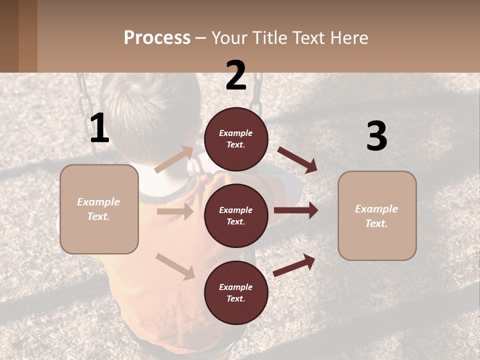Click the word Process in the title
click(x=157, y=38)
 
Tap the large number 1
click(x=99, y=128)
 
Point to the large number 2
click(x=236, y=75)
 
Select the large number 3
click(x=376, y=136)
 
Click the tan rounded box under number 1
click(x=99, y=209)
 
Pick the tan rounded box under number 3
click(x=377, y=215)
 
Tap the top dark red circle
click(x=236, y=138)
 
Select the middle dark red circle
click(x=236, y=215)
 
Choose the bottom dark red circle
click(x=236, y=292)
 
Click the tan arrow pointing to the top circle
click(x=174, y=159)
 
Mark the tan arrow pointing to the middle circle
click(x=175, y=211)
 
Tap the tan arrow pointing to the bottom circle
click(x=175, y=266)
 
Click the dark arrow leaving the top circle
click(x=297, y=160)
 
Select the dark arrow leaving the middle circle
click(x=296, y=210)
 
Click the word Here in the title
click(x=349, y=38)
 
